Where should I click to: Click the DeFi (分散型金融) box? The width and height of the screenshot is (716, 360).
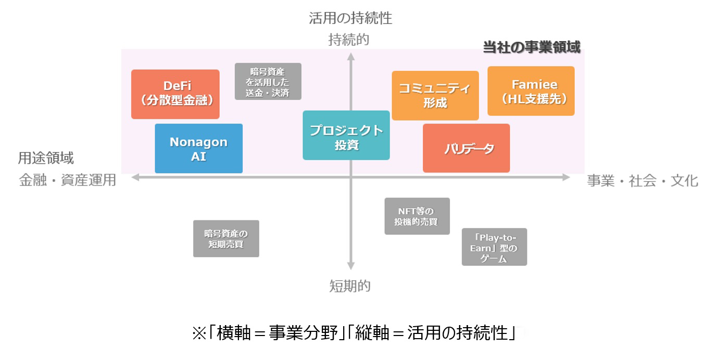point(175,94)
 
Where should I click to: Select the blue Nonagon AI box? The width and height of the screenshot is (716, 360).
point(198,148)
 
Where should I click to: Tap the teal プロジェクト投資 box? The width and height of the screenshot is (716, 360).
point(346,135)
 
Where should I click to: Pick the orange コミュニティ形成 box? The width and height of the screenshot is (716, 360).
point(435,95)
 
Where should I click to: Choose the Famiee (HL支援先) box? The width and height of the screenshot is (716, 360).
point(531,91)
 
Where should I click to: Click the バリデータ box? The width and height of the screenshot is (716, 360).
point(466,148)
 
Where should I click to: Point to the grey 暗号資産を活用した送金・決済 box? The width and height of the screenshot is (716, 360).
point(268,81)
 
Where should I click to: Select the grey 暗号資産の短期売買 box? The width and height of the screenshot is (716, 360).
point(226,239)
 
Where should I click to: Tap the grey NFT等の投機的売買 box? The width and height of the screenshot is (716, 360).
point(417,216)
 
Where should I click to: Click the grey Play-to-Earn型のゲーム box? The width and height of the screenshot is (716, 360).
point(494,247)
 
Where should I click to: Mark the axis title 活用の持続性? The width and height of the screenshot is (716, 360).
point(350,19)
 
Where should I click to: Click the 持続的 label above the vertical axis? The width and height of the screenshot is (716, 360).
point(348,40)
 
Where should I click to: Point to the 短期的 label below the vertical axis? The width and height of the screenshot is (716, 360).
point(349,285)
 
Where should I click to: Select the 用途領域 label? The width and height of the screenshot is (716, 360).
point(46,158)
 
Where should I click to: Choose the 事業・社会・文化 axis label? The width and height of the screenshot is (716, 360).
point(643,181)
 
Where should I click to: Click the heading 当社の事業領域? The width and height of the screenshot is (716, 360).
point(531,47)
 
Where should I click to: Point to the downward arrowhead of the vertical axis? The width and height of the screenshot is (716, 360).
point(351,266)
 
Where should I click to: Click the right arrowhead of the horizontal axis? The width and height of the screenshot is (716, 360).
point(566,178)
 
